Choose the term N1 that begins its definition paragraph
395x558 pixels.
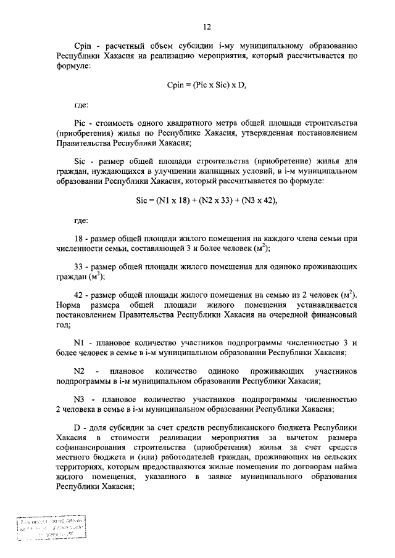pos(78,342)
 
